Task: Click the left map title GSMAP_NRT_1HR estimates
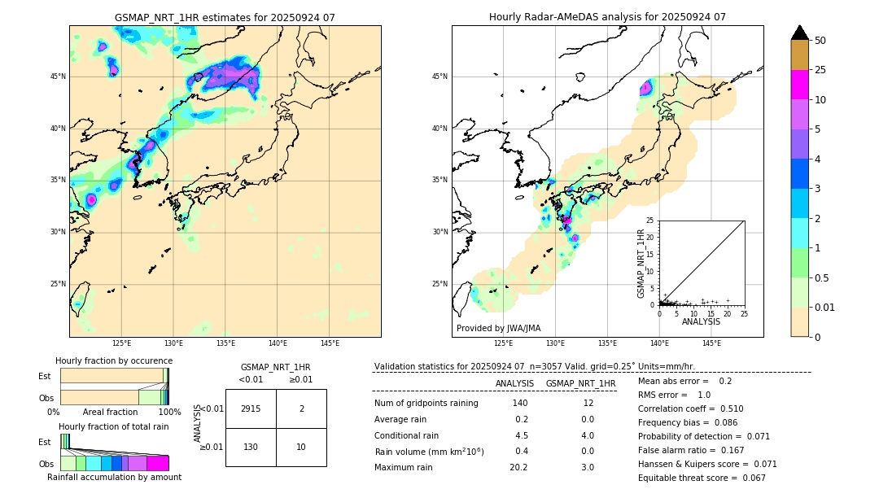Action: tap(225, 17)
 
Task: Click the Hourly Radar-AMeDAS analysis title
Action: tap(607, 17)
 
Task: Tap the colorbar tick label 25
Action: tap(820, 70)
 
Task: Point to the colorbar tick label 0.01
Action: tap(825, 307)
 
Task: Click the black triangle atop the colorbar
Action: tap(800, 33)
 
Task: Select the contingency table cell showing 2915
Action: tap(251, 408)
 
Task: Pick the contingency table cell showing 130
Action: tap(251, 447)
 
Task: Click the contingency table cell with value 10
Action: tap(301, 447)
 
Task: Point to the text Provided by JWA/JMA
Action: tap(498, 328)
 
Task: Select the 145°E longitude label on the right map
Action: tap(711, 344)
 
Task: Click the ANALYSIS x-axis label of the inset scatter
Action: tap(702, 321)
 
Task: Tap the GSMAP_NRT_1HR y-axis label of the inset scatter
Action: tap(641, 263)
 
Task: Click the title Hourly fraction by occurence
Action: tap(114, 360)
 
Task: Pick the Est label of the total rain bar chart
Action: tap(44, 442)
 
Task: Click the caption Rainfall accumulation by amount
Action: tap(114, 478)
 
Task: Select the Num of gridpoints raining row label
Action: tap(426, 404)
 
